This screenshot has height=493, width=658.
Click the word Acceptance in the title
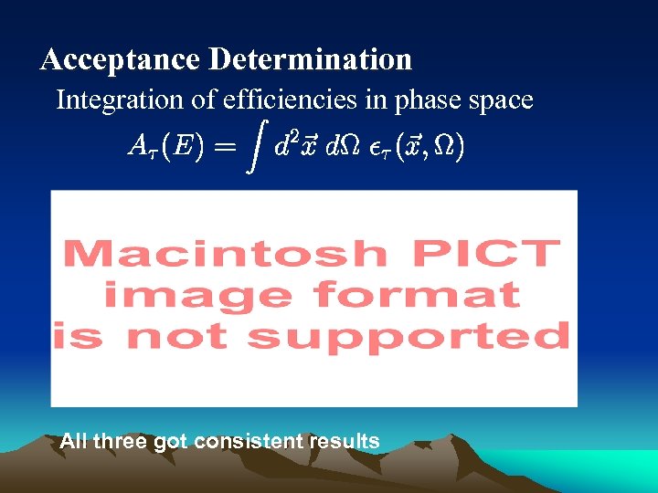(120, 60)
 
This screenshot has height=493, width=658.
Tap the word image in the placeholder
(199, 295)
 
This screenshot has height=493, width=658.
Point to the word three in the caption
(122, 442)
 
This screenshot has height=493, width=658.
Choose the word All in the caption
(73, 442)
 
